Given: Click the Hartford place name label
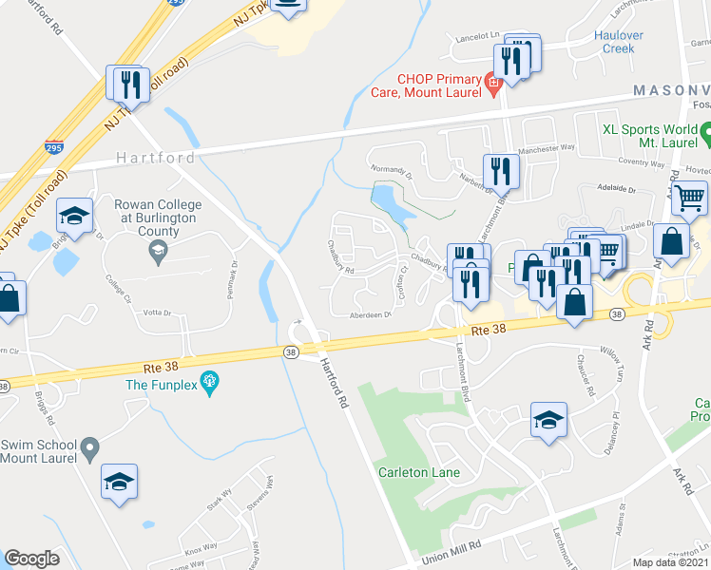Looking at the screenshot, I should point(156,158).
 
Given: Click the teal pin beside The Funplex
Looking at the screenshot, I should point(210,384).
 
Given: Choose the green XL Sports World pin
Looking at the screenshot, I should point(705,135).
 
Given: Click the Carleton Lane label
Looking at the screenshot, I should point(418,472).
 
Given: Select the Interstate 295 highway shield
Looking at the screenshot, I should point(55,146).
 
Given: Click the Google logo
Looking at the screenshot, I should point(32,559).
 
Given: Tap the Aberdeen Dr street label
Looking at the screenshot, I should point(371,315).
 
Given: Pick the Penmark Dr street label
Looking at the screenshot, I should point(232,281).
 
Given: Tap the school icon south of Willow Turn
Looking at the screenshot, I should point(548,421).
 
